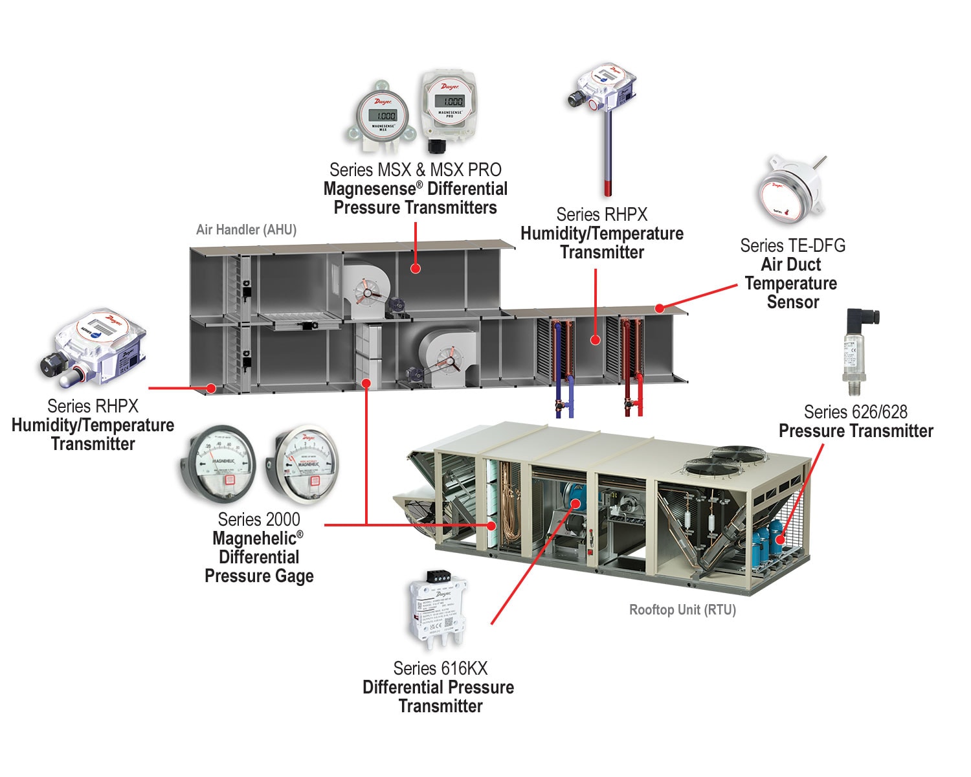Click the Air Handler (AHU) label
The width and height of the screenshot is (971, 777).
click(246, 230)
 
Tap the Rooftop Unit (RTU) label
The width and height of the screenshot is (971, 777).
click(682, 610)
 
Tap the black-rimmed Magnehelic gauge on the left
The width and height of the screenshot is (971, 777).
click(217, 463)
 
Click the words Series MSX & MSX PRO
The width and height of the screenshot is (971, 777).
click(415, 170)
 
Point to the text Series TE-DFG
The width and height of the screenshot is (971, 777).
click(792, 246)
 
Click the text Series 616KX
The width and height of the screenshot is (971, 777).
click(440, 668)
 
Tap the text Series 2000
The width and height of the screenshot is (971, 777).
click(259, 519)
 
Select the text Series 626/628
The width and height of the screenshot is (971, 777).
click(855, 412)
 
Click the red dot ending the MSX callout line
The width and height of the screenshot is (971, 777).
click(416, 267)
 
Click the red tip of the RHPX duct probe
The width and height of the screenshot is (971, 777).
click(608, 188)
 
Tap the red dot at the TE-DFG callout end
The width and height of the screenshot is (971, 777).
click(659, 308)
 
